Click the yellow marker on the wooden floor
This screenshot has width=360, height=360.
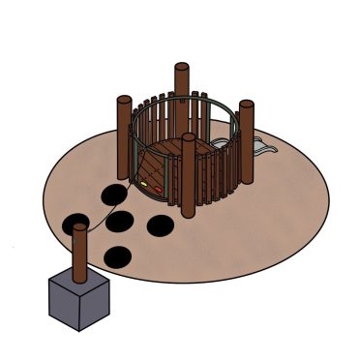tap(144, 180)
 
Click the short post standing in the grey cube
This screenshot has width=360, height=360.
tap(80, 256)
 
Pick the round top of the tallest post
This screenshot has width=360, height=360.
tap(181, 67)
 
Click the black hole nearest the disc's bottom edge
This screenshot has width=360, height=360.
tap(117, 256)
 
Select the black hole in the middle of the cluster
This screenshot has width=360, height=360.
tap(120, 222)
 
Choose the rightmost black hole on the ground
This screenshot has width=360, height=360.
tap(160, 225)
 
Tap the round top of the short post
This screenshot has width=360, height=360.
tap(80, 228)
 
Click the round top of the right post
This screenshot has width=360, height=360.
tap(246, 105)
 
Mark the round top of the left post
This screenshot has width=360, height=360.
tap(124, 99)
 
